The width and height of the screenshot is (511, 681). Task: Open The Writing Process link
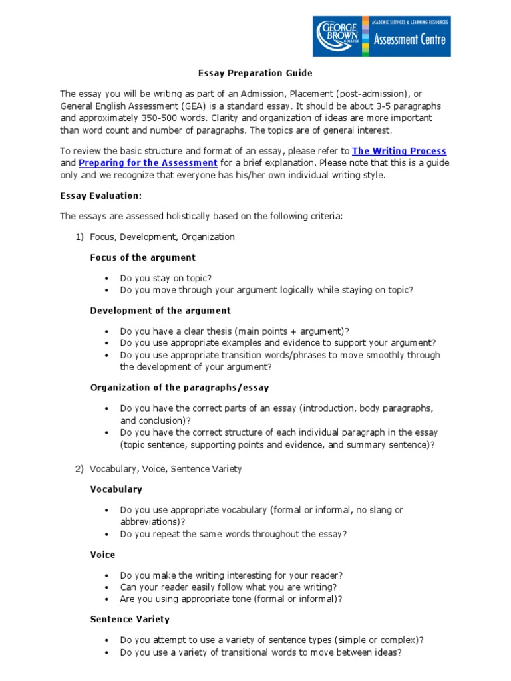(x=399, y=152)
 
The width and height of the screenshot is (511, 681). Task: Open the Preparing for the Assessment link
(x=148, y=163)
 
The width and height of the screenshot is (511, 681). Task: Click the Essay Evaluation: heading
(x=101, y=196)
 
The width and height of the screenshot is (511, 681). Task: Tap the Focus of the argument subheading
(x=143, y=257)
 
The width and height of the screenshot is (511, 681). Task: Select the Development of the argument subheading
(x=160, y=311)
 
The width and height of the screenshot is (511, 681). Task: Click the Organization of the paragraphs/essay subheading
(x=180, y=387)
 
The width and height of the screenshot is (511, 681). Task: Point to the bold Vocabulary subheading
(x=116, y=489)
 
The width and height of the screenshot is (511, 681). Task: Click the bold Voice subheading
(x=103, y=555)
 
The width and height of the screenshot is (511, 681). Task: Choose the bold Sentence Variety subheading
(x=130, y=619)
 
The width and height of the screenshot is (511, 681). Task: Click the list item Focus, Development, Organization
(x=162, y=237)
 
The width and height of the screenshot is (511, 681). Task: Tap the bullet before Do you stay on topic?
(x=106, y=279)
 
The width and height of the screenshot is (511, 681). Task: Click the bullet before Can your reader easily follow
(x=106, y=587)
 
